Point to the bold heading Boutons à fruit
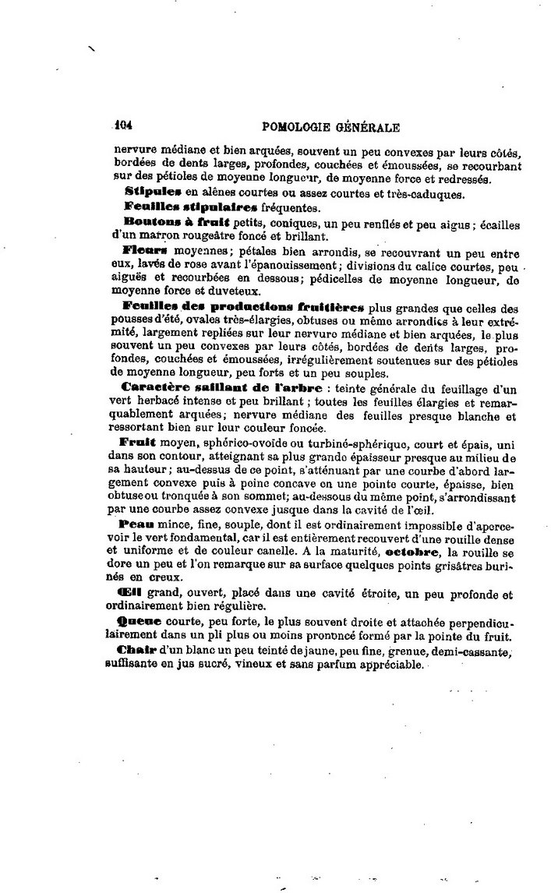click(171, 222)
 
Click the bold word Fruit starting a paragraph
click(140, 443)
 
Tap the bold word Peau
click(136, 526)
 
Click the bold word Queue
click(139, 622)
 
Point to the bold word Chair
click(136, 650)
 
